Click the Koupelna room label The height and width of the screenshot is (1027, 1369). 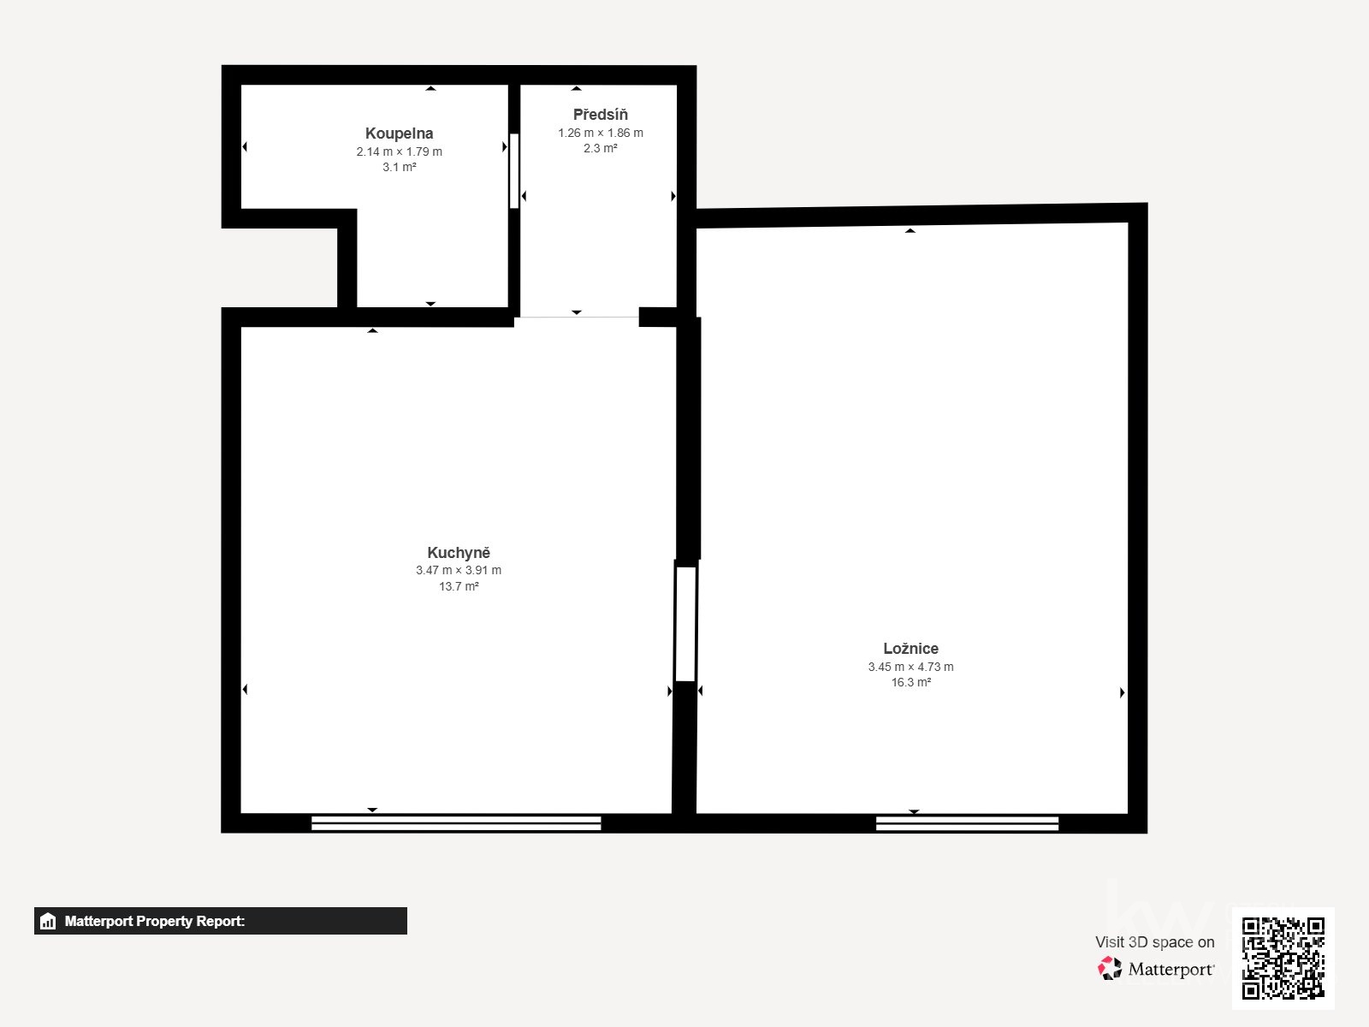399,134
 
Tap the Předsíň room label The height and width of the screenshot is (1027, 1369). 600,115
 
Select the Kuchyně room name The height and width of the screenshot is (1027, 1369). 459,553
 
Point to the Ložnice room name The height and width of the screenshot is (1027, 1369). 910,649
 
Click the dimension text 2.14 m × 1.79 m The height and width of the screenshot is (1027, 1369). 399,151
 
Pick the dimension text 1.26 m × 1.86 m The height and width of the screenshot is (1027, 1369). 600,133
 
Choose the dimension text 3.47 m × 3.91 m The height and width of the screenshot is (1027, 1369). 459,570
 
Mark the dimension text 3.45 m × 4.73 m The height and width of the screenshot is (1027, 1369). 910,667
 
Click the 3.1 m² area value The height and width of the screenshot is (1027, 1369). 399,167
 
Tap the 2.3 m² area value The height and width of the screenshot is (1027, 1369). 600,148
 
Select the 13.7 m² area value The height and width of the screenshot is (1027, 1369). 459,586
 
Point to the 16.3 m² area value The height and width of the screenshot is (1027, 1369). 910,682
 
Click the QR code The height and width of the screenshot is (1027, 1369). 1283,958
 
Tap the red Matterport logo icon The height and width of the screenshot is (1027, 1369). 1110,968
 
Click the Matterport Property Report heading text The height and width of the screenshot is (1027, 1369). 155,921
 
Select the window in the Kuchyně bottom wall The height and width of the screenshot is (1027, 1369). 456,823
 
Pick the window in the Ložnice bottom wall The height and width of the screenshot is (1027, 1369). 967,823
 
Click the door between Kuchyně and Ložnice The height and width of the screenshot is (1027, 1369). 685,623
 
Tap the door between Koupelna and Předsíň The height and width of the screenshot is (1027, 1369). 514,170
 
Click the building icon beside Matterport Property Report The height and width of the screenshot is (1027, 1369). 48,921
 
